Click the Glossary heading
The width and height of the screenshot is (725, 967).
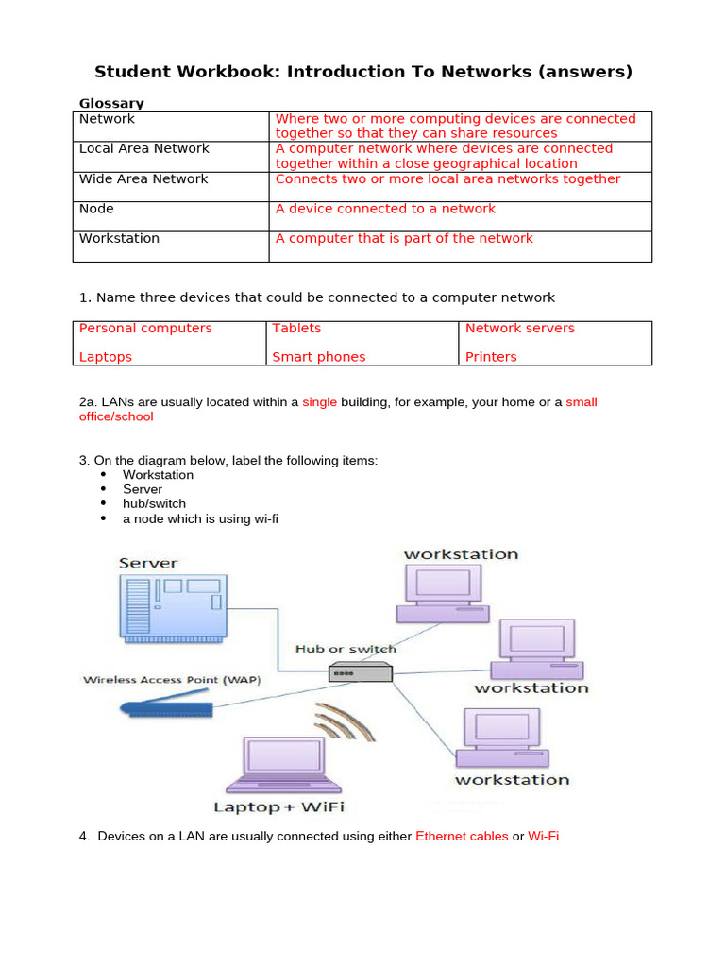tap(111, 103)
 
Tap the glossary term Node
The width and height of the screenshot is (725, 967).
tap(96, 209)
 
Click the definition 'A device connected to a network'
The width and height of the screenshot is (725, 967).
tap(385, 209)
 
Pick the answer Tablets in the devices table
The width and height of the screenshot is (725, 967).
tap(296, 328)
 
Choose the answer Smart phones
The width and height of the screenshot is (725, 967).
tap(318, 357)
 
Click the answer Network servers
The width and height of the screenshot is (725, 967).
tap(519, 328)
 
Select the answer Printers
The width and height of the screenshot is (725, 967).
tap(491, 357)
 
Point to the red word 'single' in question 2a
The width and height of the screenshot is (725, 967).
tap(319, 401)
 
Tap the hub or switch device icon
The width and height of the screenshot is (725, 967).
tap(360, 672)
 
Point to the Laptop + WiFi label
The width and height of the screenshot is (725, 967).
tap(278, 806)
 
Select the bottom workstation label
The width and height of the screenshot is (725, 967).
tap(512, 780)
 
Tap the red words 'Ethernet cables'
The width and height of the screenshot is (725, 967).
tap(462, 836)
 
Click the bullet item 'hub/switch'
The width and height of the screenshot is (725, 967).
tap(154, 503)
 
